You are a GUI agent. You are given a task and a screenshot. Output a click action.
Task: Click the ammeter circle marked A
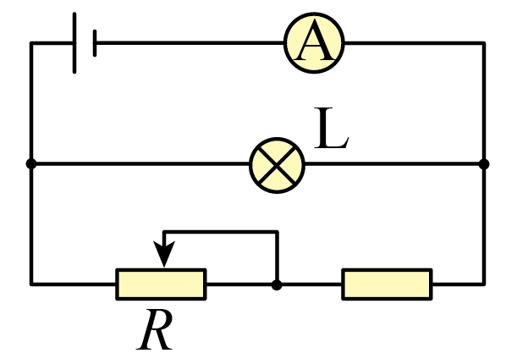point(315,43)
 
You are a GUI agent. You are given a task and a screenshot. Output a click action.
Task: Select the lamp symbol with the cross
point(277,164)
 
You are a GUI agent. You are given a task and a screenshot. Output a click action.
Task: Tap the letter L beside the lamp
point(331,130)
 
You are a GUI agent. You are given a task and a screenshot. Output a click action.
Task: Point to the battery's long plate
point(74,43)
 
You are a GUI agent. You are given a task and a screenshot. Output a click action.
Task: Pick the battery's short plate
point(95,43)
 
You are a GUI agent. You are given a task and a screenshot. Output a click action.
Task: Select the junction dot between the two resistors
point(277,284)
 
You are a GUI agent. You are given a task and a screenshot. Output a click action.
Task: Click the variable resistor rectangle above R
point(161,284)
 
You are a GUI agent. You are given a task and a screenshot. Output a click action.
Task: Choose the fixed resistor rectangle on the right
point(387,284)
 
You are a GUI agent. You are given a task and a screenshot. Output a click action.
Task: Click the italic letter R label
point(156,330)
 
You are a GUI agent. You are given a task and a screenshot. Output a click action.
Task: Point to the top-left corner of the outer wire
point(31,43)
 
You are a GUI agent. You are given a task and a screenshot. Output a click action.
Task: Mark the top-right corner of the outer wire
point(484,43)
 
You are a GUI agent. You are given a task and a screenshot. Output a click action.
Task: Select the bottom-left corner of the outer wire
point(31,284)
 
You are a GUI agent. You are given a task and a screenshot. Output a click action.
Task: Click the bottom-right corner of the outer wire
point(484,284)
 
